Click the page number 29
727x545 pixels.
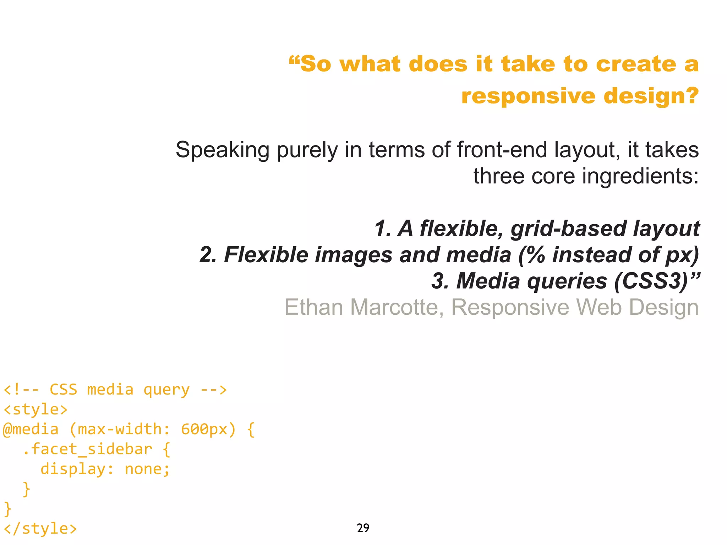pos(363,528)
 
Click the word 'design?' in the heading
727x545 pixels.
pos(651,96)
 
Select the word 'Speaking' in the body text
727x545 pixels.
pos(222,150)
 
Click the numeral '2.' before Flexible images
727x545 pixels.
pos(208,255)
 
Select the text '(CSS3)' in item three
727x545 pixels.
pos(651,281)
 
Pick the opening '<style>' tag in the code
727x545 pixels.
pos(35,409)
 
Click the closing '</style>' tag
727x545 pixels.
pos(40,529)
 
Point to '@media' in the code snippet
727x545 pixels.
pos(31,429)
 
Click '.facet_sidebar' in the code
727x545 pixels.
pos(87,449)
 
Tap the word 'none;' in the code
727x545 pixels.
pos(147,469)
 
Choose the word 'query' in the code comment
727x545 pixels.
pos(166,390)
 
